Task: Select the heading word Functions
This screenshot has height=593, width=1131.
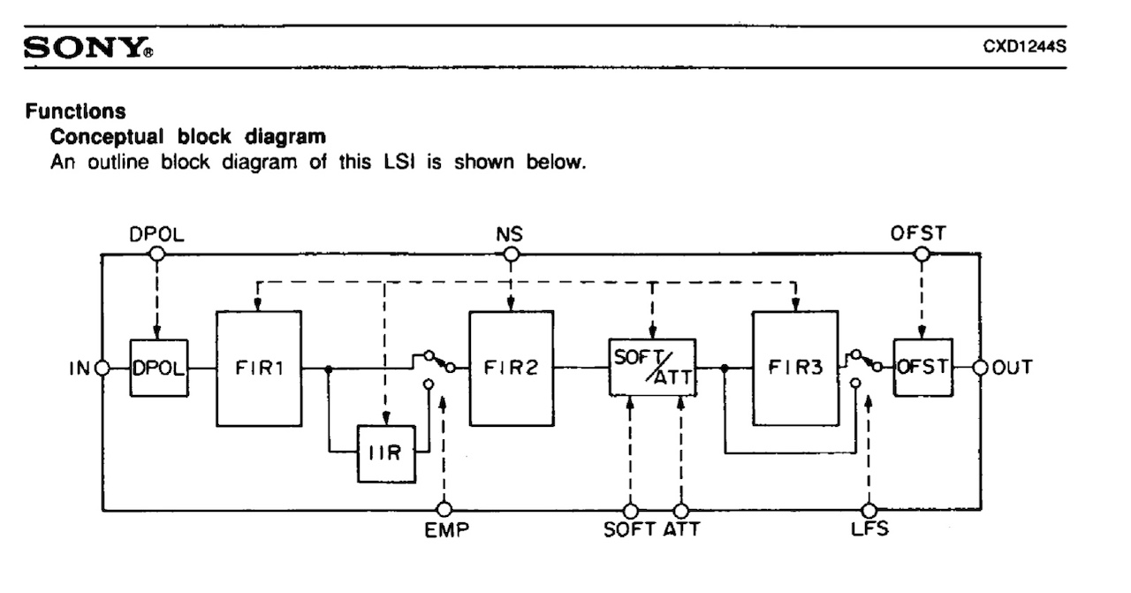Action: [x=74, y=112]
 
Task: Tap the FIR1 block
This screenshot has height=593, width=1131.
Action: [x=259, y=369]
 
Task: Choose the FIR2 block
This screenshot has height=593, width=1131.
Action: [x=511, y=369]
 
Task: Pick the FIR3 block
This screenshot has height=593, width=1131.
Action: [x=793, y=369]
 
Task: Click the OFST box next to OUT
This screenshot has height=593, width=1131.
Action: [x=922, y=368]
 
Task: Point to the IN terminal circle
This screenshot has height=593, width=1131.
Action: [x=102, y=369]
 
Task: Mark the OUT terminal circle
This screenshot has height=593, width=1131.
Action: [x=980, y=368]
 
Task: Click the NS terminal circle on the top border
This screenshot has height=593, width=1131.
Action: [x=510, y=255]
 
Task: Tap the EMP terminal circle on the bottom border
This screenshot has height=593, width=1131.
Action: [x=444, y=510]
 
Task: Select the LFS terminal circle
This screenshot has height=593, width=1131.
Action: [x=869, y=510]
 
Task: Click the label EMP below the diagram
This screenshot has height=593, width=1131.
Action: [x=444, y=533]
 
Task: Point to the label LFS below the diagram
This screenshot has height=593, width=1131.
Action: [x=869, y=533]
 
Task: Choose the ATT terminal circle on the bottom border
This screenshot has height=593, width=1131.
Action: [x=680, y=510]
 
